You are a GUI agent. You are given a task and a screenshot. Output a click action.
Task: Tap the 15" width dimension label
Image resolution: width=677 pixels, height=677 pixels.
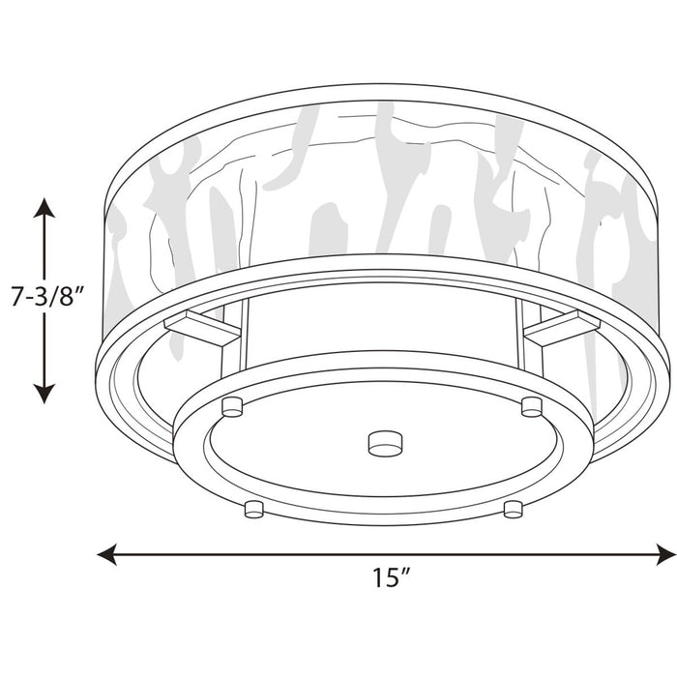tap(391, 578)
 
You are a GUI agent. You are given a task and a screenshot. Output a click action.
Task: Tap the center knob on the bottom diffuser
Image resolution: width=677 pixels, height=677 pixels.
tap(384, 442)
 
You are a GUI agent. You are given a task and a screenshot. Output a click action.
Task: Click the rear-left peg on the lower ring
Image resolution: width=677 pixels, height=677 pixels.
tap(231, 405)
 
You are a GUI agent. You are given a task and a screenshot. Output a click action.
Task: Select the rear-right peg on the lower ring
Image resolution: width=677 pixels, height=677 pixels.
tap(531, 405)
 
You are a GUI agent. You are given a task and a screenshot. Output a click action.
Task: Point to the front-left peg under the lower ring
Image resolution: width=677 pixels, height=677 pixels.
tap(254, 508)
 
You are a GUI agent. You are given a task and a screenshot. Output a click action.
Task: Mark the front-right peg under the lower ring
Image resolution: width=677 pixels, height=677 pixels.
tap(513, 508)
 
